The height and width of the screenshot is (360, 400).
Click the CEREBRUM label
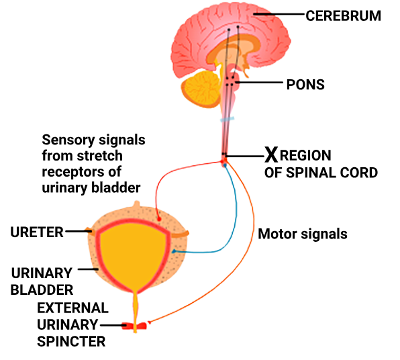tap(343, 16)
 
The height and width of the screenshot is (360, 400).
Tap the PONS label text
tap(305, 85)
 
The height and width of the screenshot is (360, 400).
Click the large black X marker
tap(271, 154)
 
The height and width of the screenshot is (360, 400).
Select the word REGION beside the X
tap(305, 155)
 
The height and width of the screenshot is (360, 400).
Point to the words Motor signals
tap(303, 234)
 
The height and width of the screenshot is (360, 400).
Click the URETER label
tap(37, 232)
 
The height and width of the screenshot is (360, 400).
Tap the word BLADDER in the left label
tap(42, 289)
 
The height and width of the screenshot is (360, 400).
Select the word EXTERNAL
tap(73, 308)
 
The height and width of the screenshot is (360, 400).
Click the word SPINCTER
tap(71, 341)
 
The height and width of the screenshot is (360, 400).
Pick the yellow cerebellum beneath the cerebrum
tap(201, 89)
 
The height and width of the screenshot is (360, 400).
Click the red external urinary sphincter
tap(134, 326)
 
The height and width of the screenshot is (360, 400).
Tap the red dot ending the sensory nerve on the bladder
tap(159, 219)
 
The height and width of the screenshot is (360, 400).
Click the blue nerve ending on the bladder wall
tap(174, 251)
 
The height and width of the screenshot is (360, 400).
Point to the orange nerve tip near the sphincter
tap(149, 322)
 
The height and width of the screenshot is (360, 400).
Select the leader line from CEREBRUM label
tap(280, 14)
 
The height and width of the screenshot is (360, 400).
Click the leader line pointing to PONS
tap(259, 82)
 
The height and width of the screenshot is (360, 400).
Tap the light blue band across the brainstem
tap(228, 120)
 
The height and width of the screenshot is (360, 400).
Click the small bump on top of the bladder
tap(137, 204)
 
